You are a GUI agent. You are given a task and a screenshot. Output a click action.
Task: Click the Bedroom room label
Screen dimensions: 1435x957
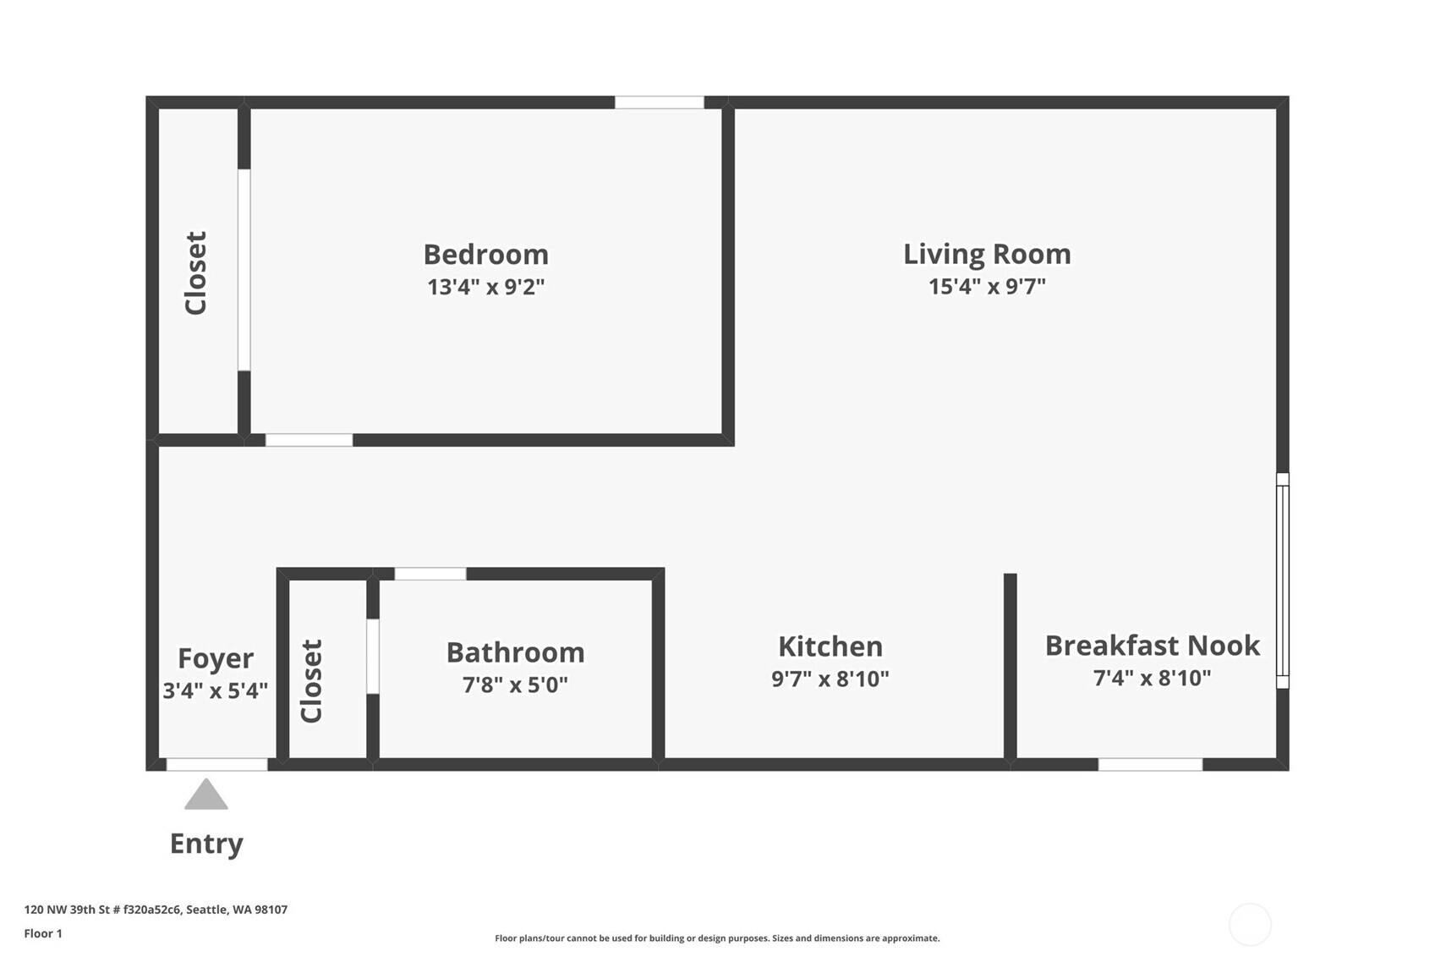(x=485, y=255)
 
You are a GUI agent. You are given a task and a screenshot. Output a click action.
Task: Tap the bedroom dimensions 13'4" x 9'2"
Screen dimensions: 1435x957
(x=485, y=287)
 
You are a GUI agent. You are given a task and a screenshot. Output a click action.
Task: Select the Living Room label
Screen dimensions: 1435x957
(x=987, y=255)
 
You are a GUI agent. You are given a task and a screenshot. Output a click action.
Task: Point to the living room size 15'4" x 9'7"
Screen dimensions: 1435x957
(x=987, y=286)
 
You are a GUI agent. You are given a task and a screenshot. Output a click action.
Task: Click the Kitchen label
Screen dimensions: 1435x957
(x=830, y=646)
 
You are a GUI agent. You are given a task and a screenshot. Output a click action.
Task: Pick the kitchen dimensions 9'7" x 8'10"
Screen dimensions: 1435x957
(x=830, y=679)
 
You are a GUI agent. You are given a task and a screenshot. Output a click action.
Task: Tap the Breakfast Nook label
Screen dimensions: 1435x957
(x=1152, y=646)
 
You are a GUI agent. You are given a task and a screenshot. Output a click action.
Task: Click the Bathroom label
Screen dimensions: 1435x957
(x=515, y=653)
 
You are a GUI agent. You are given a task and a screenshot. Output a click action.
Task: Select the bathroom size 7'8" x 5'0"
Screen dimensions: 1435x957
(x=515, y=685)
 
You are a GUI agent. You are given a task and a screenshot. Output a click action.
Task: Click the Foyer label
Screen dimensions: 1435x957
(x=216, y=658)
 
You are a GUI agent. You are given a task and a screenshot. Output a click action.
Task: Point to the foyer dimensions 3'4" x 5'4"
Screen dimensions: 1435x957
(x=216, y=690)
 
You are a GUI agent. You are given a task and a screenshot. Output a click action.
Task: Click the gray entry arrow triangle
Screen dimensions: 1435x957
(x=206, y=795)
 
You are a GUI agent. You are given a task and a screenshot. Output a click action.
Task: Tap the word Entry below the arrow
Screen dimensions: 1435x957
(x=206, y=844)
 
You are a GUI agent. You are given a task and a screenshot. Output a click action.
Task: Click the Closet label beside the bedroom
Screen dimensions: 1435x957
(x=195, y=273)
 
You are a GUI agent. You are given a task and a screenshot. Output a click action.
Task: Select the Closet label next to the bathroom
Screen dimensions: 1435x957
(x=311, y=681)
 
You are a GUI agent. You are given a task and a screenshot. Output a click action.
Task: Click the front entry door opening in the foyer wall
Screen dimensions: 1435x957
(x=217, y=764)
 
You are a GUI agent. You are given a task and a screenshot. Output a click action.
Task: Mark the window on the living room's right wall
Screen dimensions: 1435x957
(x=1282, y=580)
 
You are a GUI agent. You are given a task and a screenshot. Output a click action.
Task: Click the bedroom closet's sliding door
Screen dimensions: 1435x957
(x=244, y=270)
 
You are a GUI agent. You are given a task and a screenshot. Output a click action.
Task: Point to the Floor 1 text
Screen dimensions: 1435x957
(x=43, y=933)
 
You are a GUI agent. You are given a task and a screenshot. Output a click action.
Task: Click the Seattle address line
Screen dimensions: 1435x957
(x=156, y=909)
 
